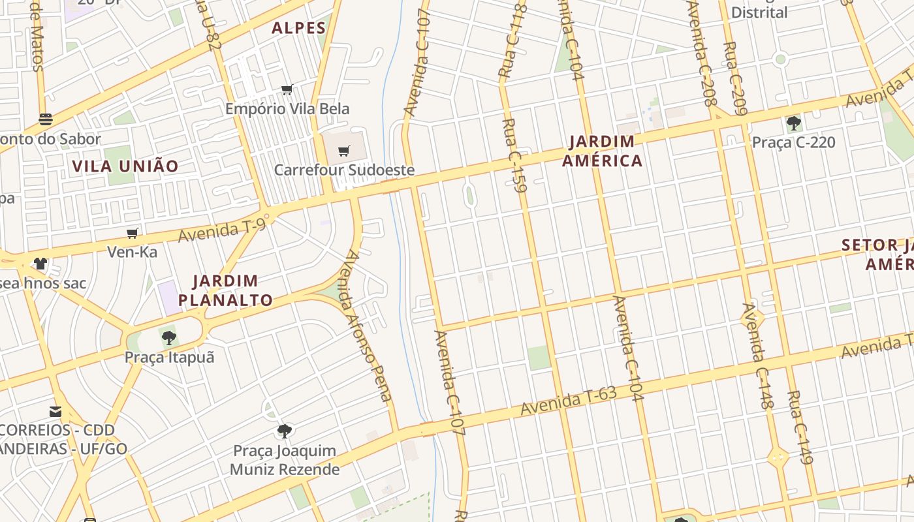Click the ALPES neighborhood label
[298, 28]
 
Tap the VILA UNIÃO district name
[125, 166]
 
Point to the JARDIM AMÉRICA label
[602, 151]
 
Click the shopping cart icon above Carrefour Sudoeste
[344, 151]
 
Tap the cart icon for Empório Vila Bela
[287, 90]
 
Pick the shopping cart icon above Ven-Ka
[133, 233]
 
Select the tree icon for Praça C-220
[793, 123]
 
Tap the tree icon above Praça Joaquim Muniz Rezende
[284, 431]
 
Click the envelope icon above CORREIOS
[55, 412]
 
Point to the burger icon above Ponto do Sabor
[46, 119]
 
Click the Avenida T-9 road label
[222, 230]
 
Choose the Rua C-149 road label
[800, 427]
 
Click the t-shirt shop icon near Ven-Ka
[40, 264]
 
